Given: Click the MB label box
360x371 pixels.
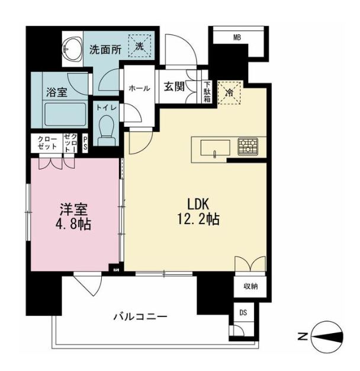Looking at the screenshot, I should [237, 38].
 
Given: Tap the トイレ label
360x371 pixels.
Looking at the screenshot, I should [107, 108].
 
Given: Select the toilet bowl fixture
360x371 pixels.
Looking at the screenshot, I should [107, 128].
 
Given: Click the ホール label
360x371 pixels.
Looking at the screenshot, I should [139, 88].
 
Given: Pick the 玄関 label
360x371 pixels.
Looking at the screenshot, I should [175, 87].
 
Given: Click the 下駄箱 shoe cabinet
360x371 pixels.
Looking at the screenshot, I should [207, 92].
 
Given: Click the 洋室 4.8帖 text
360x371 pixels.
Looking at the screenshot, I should [74, 217].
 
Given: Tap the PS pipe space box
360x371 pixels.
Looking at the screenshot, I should [85, 145].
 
